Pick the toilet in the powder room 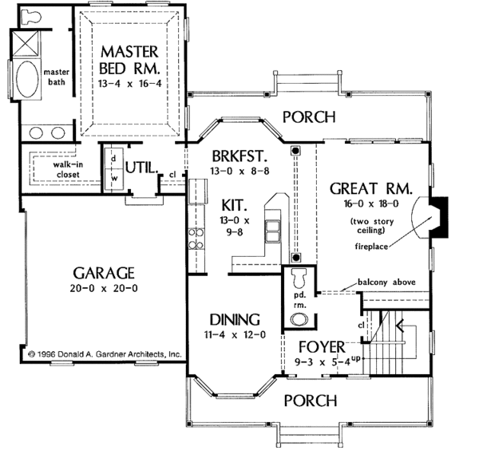(x=299, y=280)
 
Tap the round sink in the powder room (x=299, y=319)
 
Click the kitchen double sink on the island (x=273, y=230)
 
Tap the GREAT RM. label (x=370, y=189)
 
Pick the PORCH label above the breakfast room (x=308, y=117)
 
